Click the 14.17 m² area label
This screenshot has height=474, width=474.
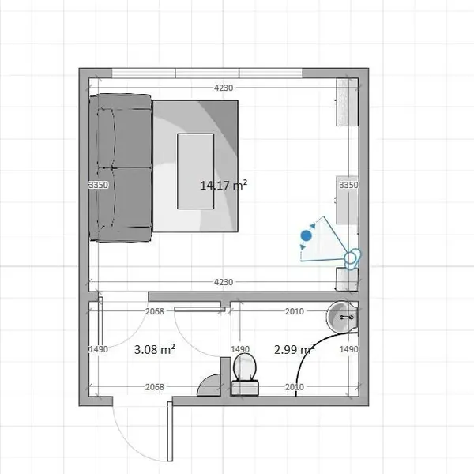tap(224, 185)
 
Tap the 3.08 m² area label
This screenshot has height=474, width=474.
tap(155, 349)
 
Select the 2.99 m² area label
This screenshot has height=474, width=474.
tap(294, 349)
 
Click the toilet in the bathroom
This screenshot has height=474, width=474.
tap(245, 374)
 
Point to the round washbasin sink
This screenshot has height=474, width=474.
tap(343, 317)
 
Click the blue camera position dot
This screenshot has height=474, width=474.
tap(307, 235)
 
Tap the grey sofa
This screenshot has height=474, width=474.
tap(120, 167)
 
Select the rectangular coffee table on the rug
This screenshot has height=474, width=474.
tap(196, 171)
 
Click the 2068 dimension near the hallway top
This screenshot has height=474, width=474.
tap(155, 311)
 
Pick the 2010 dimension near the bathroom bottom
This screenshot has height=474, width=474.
tap(295, 387)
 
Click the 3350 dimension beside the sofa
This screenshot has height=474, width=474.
tap(99, 185)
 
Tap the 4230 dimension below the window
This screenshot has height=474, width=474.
tap(224, 88)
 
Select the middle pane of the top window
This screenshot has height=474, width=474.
tap(207, 73)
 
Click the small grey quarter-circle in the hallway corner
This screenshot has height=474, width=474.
tap(209, 386)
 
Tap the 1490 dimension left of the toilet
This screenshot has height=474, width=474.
tap(240, 349)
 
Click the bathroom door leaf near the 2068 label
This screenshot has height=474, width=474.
tap(200, 309)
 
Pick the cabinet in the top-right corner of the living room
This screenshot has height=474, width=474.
tap(348, 102)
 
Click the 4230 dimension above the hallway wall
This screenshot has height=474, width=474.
tap(224, 282)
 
